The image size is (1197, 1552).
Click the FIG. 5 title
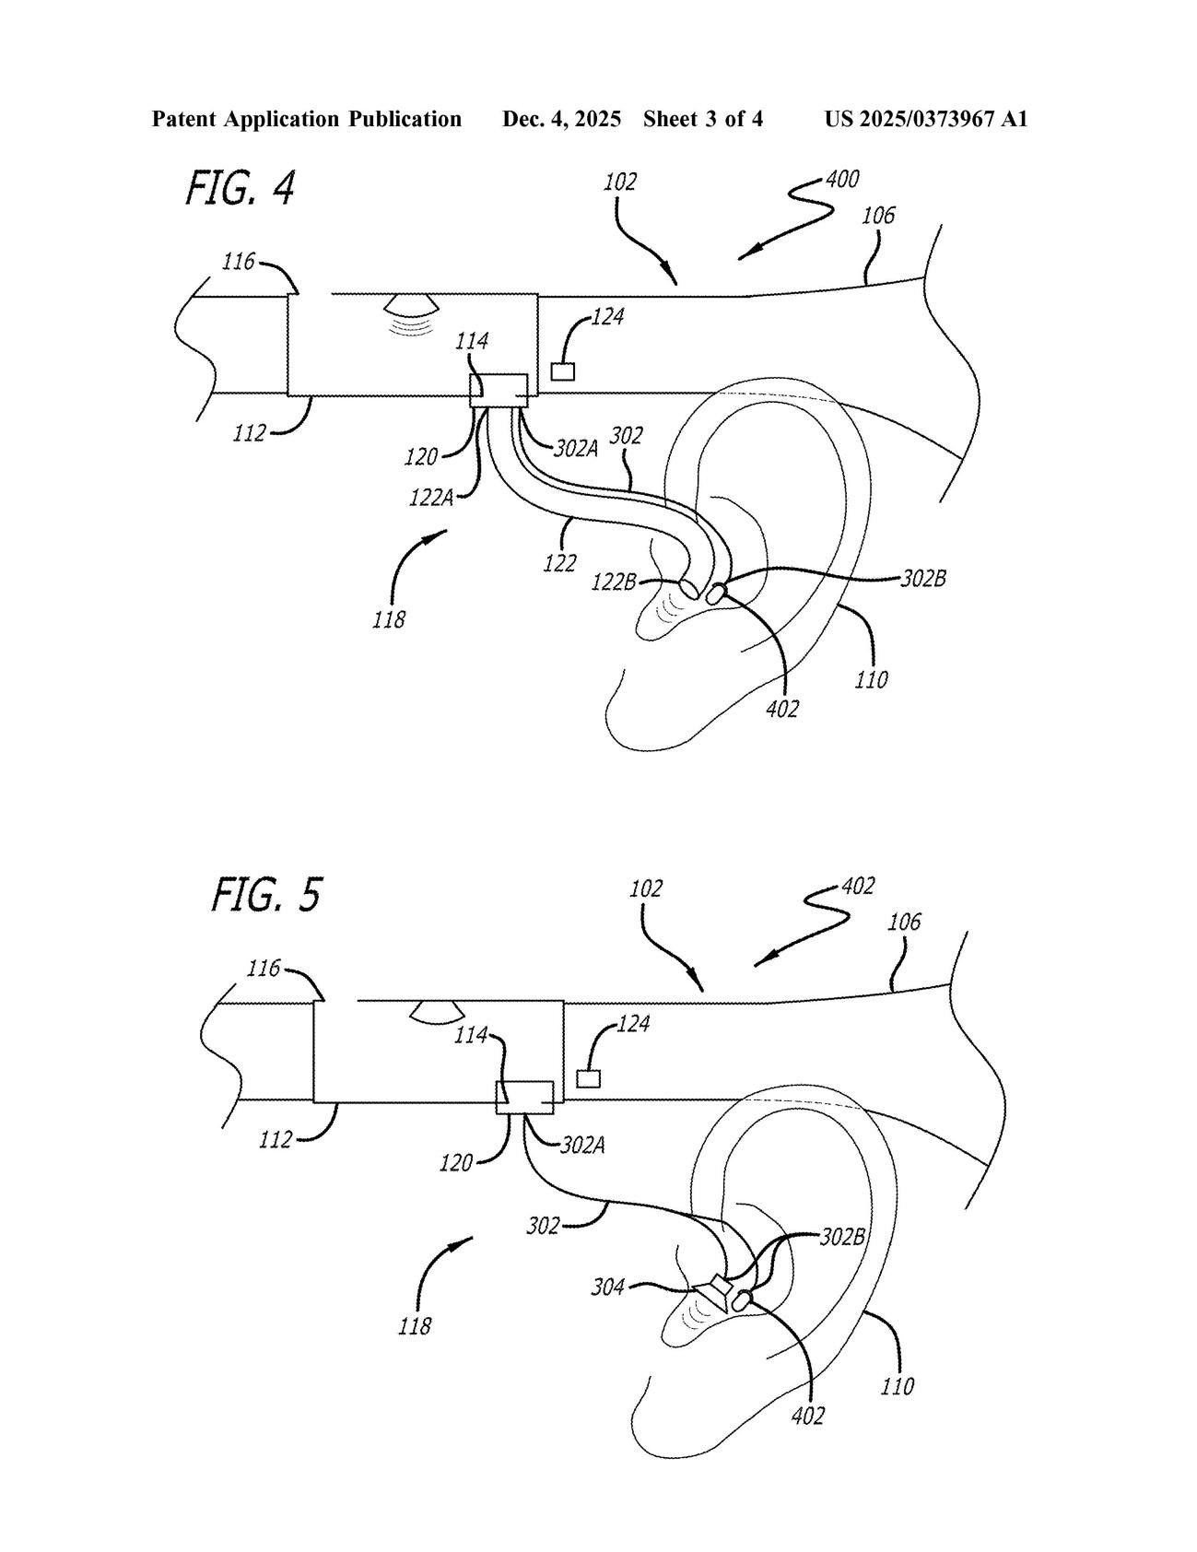pyautogui.click(x=266, y=894)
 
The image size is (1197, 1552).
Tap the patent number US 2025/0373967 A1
pyautogui.click(x=925, y=119)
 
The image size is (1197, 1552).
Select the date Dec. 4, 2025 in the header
pyautogui.click(x=561, y=119)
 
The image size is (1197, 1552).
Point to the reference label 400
pyautogui.click(x=842, y=179)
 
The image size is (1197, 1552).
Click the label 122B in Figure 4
pyautogui.click(x=615, y=582)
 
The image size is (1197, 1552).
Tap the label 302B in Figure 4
pyautogui.click(x=923, y=579)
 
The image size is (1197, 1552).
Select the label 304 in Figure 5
pyautogui.click(x=608, y=1286)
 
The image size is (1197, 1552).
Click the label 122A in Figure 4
pyautogui.click(x=431, y=498)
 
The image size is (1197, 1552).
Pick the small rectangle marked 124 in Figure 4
pyautogui.click(x=562, y=371)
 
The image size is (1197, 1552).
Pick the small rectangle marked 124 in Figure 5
pyautogui.click(x=588, y=1078)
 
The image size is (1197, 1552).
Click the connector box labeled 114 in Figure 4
pyautogui.click(x=499, y=389)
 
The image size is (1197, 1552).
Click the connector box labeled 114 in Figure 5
pyautogui.click(x=524, y=1097)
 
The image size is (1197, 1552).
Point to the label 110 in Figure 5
pyautogui.click(x=898, y=1385)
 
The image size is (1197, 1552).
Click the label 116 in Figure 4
pyautogui.click(x=239, y=262)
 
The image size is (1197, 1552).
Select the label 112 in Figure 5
pyautogui.click(x=276, y=1140)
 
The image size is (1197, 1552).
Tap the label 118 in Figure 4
pyautogui.click(x=389, y=619)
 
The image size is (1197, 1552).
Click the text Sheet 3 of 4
pyautogui.click(x=703, y=119)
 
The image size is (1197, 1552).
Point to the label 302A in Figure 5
pyautogui.click(x=583, y=1146)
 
